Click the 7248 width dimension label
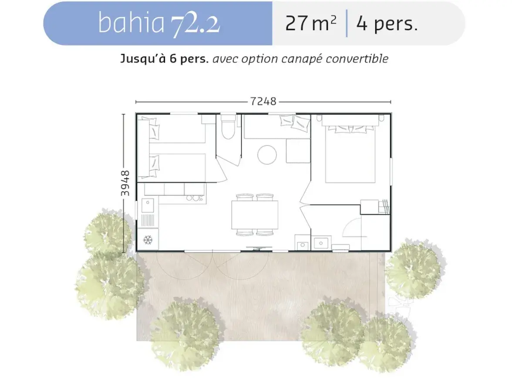[263, 101]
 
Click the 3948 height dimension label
[125, 183]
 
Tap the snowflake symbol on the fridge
[148, 240]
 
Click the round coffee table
[267, 155]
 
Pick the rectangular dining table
[255, 215]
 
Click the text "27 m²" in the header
[310, 23]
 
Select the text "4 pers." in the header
[387, 23]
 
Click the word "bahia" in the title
[131, 23]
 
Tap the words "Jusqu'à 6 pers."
[165, 59]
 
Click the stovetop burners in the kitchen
[195, 198]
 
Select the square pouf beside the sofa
[298, 151]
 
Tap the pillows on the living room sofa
[294, 121]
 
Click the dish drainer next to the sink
[148, 220]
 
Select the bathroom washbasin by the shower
[321, 243]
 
